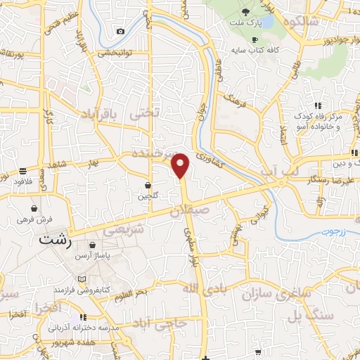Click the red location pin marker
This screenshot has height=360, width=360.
click(x=181, y=165)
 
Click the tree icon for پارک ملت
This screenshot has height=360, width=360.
click(x=245, y=13)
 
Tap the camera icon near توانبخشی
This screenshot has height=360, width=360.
click(x=121, y=32)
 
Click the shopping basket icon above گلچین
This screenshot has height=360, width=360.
click(x=148, y=185)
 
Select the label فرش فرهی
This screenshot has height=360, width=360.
click(x=33, y=219)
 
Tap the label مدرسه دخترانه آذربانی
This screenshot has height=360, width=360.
click(x=77, y=328)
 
